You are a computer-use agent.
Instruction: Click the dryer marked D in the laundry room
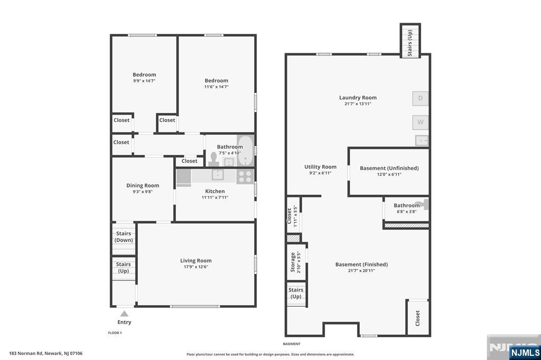pyautogui.click(x=420, y=98)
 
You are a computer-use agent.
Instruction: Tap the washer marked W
pyautogui.click(x=420, y=122)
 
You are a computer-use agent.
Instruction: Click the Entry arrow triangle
pyautogui.click(x=124, y=314)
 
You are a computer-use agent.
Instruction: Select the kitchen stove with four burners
pyautogui.click(x=245, y=176)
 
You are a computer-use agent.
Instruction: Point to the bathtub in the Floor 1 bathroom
pyautogui.click(x=245, y=150)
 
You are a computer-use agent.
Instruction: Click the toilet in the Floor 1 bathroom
pyautogui.click(x=213, y=159)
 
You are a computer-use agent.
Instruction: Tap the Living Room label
pyautogui.click(x=196, y=261)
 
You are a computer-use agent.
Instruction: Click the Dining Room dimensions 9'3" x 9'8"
pyautogui.click(x=143, y=192)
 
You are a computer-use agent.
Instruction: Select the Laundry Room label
pyautogui.click(x=358, y=98)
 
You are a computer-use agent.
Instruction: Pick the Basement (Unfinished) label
pyautogui.click(x=389, y=168)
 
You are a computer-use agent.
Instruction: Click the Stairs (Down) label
pyautogui.click(x=124, y=237)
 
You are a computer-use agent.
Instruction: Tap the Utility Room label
pyautogui.click(x=320, y=167)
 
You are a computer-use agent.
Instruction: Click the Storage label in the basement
pyautogui.click(x=293, y=262)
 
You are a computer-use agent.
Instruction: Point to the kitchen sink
pyautogui.click(x=218, y=175)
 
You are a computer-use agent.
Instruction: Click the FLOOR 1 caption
pyautogui.click(x=115, y=333)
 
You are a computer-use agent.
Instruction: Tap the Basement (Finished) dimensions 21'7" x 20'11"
pyautogui.click(x=361, y=271)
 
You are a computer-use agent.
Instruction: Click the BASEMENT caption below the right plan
pyautogui.click(x=292, y=344)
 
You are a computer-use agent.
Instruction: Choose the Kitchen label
pyautogui.click(x=215, y=191)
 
